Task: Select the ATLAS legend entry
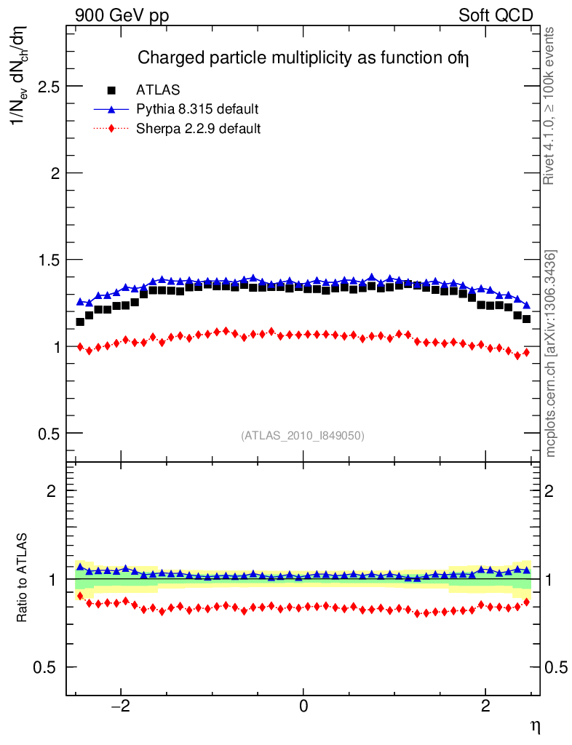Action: [158, 90]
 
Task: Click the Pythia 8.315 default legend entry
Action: [197, 109]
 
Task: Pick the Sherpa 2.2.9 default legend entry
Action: [199, 129]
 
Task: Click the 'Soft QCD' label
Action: [496, 15]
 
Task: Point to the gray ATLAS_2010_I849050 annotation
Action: [303, 436]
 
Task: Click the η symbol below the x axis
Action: [535, 725]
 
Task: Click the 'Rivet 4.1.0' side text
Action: [551, 105]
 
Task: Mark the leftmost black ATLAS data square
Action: [80, 322]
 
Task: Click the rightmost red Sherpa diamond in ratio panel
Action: [526, 602]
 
